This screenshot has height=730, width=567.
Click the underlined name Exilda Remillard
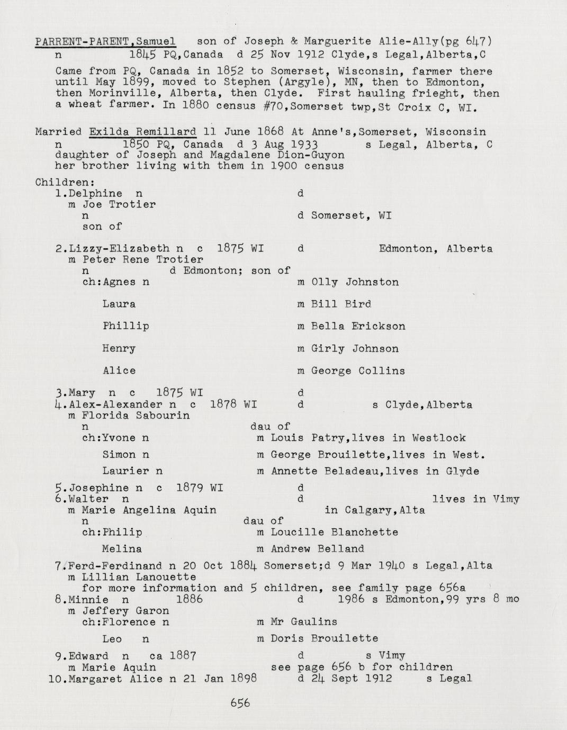[x=143, y=132]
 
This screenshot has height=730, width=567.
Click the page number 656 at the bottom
[x=240, y=704]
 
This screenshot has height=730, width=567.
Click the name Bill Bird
[x=341, y=304]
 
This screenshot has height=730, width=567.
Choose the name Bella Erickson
[x=358, y=326]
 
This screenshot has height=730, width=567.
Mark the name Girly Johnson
[x=355, y=349]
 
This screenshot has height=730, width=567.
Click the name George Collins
[x=358, y=371]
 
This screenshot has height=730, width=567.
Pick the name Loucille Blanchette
[x=334, y=533]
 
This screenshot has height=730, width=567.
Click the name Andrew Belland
[x=317, y=549]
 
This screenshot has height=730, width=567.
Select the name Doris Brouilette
[x=324, y=639]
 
